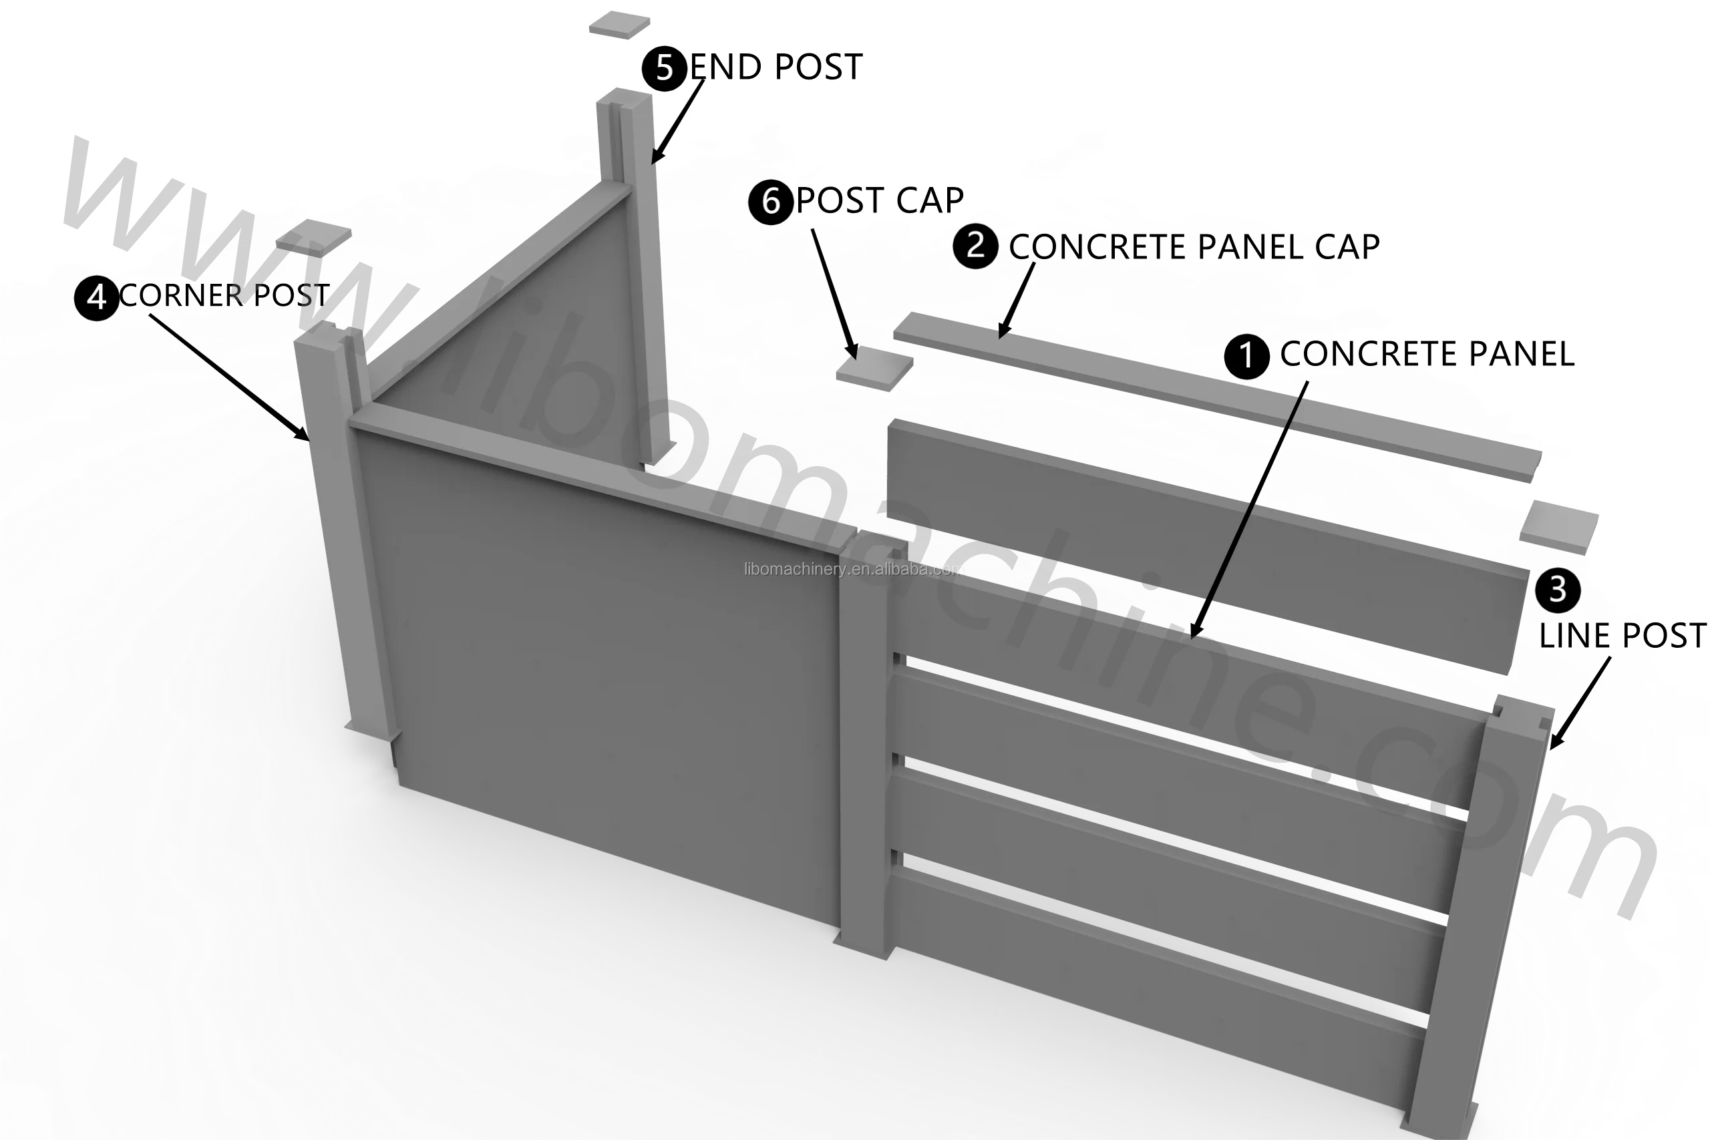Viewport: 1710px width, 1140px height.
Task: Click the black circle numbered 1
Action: coord(1246,356)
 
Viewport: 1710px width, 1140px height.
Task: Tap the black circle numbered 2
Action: coord(975,246)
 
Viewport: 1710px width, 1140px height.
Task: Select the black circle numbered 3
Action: coord(1557,590)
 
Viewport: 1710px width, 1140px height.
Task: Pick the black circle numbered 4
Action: coord(97,297)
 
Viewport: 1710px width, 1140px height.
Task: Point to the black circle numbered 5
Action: coord(664,68)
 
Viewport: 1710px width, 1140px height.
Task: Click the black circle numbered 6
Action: coord(771,202)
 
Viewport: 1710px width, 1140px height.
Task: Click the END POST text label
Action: coord(775,67)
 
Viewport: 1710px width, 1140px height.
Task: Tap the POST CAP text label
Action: coord(880,200)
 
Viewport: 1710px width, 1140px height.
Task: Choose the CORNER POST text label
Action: coord(224,296)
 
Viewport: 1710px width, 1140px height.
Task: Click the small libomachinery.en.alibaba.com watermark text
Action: coord(854,569)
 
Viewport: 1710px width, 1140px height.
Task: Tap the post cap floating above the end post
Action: coord(619,24)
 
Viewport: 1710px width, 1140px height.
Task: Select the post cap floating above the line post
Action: coord(1559,526)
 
